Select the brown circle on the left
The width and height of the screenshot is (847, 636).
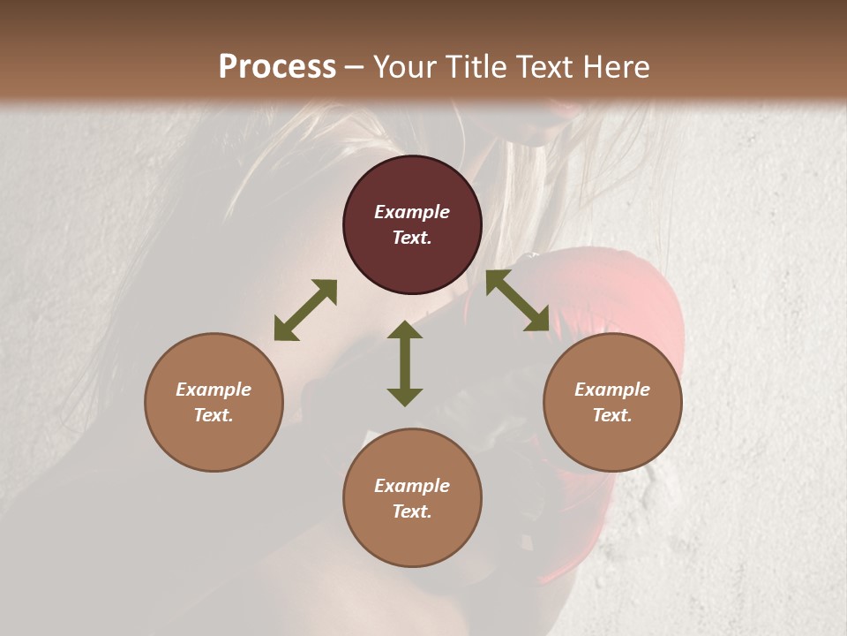(x=214, y=402)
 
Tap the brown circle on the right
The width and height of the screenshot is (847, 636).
(x=612, y=402)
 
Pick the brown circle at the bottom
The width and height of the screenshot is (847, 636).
(x=412, y=497)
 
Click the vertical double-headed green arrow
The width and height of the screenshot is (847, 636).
(x=405, y=364)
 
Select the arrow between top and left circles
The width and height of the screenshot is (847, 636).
(x=305, y=310)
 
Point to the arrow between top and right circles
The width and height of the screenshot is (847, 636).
(x=518, y=301)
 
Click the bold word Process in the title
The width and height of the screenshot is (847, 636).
(x=277, y=67)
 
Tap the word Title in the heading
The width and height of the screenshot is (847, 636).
(x=476, y=67)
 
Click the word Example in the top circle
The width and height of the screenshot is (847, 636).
(x=412, y=212)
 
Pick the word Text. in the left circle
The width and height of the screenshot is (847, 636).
(x=214, y=415)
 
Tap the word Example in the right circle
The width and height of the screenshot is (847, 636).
(x=612, y=390)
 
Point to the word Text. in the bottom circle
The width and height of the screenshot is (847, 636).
(x=412, y=511)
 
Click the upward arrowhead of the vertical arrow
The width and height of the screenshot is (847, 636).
(x=405, y=330)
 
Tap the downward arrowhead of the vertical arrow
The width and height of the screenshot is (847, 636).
(x=405, y=397)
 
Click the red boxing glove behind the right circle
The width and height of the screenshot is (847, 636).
(x=653, y=300)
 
